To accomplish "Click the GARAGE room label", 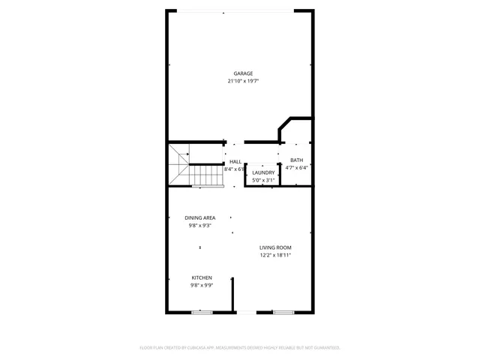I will pos(242,73).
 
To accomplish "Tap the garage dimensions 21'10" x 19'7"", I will pos(243,81).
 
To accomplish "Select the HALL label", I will pos(235,161).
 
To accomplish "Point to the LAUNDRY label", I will pos(263,172).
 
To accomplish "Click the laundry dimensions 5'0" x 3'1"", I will pos(263,180).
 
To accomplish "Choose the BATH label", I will pos(296,160).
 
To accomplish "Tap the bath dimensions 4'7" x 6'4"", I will pos(296,168).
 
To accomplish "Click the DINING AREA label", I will pos(200,217).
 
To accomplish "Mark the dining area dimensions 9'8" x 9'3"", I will pos(200,225).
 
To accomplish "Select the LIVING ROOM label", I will pos(275,247).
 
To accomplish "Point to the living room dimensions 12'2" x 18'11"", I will pos(275,255).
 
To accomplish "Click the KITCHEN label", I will pos(201,277).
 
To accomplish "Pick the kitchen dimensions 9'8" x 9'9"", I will pos(201,285).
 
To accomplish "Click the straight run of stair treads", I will pos(204,175).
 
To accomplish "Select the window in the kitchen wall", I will pos(201,312).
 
